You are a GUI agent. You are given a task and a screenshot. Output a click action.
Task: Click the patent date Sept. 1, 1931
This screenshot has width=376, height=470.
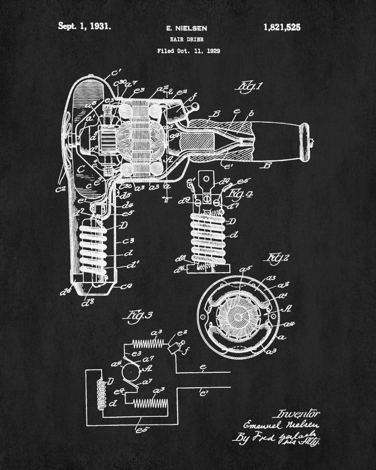click(85, 26)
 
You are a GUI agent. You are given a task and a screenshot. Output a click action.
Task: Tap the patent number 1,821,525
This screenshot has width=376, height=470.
click(279, 27)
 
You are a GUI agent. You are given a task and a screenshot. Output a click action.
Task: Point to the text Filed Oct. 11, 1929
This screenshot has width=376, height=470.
click(188, 51)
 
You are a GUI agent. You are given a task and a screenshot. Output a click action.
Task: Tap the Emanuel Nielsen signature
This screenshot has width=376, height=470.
click(281, 426)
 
